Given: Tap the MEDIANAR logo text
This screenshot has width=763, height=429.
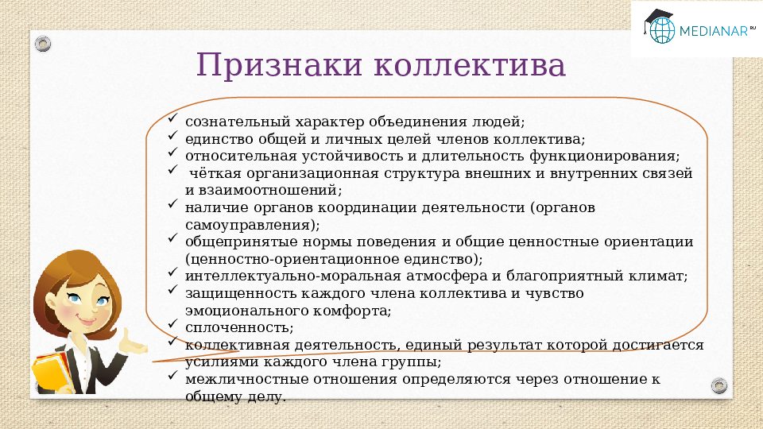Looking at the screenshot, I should tap(714, 31).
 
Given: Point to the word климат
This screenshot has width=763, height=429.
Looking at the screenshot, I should tap(662, 276).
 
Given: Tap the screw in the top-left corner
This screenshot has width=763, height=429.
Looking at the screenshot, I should tap(42, 44).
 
